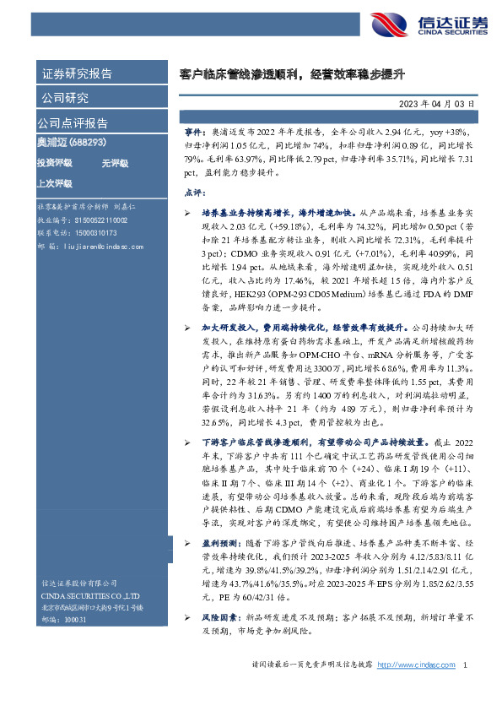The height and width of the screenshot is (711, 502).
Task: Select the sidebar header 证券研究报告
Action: point(76,73)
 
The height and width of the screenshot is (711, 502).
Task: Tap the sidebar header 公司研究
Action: point(65,98)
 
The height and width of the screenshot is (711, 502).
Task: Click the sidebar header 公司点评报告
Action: point(72,122)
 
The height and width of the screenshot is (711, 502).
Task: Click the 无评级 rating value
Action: point(115,162)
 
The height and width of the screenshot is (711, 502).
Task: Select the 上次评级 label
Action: point(54,182)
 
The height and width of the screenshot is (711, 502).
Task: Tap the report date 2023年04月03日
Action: point(435,104)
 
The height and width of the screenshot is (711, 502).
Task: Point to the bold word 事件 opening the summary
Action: point(194,133)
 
